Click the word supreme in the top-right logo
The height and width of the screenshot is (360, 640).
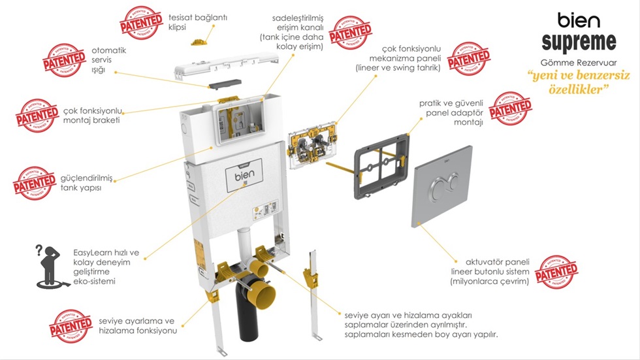[579, 42]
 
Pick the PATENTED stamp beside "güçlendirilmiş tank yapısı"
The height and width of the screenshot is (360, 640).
[35, 183]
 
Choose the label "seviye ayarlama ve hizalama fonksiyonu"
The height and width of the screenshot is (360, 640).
[138, 326]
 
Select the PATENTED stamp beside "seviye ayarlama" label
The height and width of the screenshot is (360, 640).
[71, 326]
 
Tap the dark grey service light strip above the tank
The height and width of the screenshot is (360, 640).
[223, 85]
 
